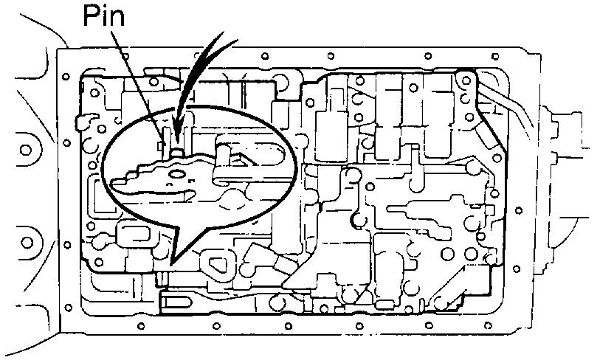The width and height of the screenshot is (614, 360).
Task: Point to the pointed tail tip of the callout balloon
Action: tap(171, 263)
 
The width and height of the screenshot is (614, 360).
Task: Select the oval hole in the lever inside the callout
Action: tap(178, 176)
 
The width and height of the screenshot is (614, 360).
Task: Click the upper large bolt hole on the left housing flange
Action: tap(26, 149)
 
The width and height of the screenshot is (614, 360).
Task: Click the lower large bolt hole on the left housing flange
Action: tap(27, 242)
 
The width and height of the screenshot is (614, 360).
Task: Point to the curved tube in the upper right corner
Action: tap(509, 103)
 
